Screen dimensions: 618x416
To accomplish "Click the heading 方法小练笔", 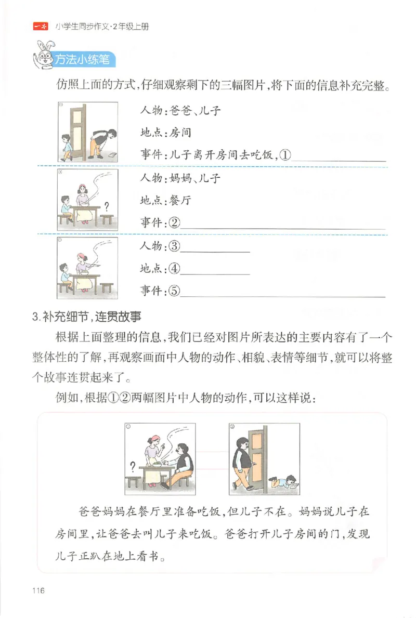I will [x=83, y=60].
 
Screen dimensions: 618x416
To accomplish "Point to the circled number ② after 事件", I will [x=174, y=222].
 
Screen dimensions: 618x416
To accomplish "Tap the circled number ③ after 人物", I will [x=174, y=246].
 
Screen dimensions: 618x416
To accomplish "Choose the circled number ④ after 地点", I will [x=174, y=269].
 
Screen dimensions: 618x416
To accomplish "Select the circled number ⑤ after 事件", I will [x=174, y=291].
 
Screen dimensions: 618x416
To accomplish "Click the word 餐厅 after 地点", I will [x=180, y=200].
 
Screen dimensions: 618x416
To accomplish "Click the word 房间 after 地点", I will [x=180, y=133].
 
